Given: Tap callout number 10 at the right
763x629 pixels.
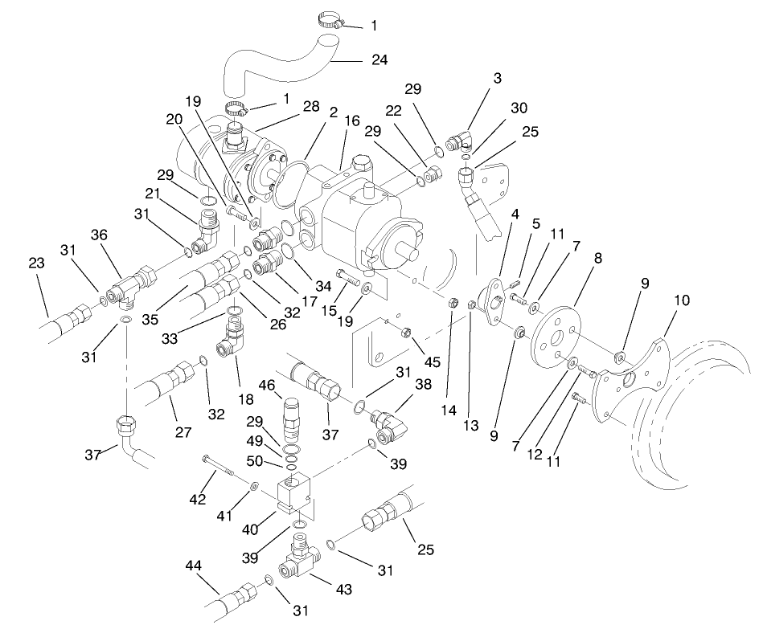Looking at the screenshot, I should (x=682, y=300).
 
